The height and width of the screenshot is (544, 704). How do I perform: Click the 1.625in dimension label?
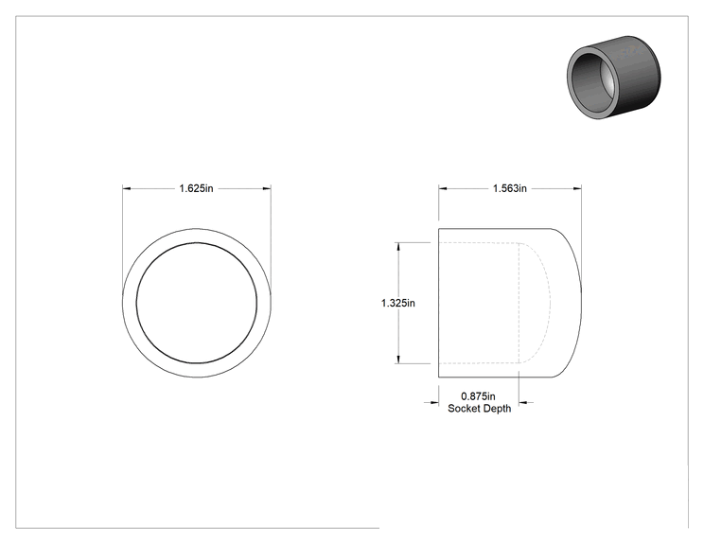196,188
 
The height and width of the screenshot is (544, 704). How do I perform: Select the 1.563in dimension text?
510,188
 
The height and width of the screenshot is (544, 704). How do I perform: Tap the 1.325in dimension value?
398,304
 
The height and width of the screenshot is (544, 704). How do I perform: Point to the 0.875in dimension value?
478,396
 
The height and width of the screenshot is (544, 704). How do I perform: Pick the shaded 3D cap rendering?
614,78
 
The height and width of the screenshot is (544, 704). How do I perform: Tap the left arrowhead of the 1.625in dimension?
127,188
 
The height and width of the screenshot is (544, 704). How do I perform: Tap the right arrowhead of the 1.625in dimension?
267,188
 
